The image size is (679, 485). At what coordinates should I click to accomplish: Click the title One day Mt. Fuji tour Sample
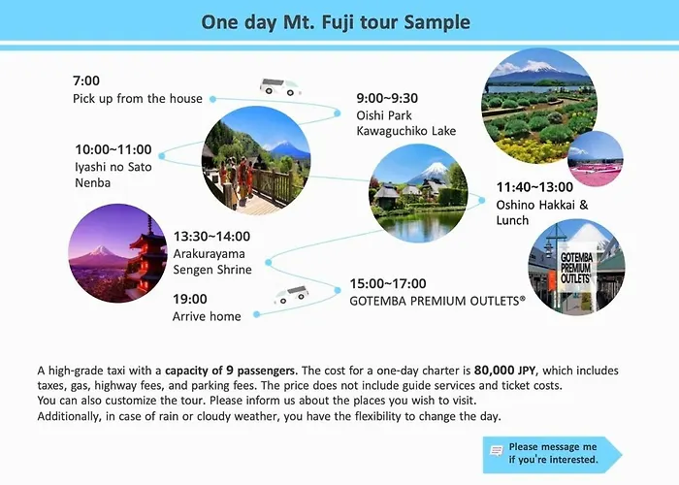pyautogui.click(x=336, y=22)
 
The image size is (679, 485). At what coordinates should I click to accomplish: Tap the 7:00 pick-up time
pyautogui.click(x=86, y=81)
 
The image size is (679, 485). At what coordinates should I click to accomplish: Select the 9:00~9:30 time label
pyautogui.click(x=387, y=98)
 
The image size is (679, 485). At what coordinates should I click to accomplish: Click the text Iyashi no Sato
pyautogui.click(x=113, y=167)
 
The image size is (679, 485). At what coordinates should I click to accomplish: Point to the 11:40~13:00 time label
pyautogui.click(x=534, y=187)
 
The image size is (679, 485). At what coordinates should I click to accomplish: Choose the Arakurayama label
pyautogui.click(x=210, y=254)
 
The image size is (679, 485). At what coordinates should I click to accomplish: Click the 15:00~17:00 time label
pyautogui.click(x=388, y=283)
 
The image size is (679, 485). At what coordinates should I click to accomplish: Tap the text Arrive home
pyautogui.click(x=207, y=316)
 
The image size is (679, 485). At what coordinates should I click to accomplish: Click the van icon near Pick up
pyautogui.click(x=279, y=86)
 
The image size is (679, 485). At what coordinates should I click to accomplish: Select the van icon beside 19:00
pyautogui.click(x=292, y=295)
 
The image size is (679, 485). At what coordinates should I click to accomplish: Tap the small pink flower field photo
pyautogui.click(x=596, y=158)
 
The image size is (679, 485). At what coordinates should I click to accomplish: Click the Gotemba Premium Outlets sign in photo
pyautogui.click(x=576, y=268)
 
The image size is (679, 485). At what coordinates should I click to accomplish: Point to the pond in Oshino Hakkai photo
pyautogui.click(x=418, y=224)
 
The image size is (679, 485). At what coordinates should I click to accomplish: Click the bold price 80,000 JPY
pyautogui.click(x=505, y=371)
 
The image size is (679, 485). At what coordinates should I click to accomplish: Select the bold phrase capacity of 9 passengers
pyautogui.click(x=231, y=371)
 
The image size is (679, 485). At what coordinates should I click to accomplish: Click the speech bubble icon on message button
pyautogui.click(x=497, y=451)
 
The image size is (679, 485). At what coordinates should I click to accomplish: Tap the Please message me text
pyautogui.click(x=553, y=446)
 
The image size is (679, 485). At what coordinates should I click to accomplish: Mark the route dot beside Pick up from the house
pyautogui.click(x=212, y=99)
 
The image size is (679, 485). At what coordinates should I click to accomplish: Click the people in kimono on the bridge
pyautogui.click(x=236, y=178)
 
